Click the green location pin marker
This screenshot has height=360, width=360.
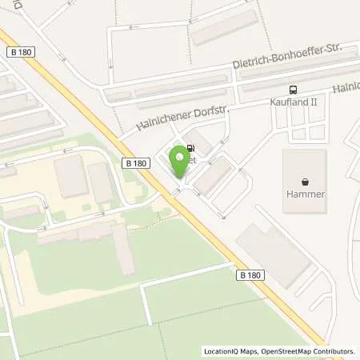pyautogui.click(x=180, y=164)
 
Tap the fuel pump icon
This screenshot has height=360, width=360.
pyautogui.click(x=190, y=148)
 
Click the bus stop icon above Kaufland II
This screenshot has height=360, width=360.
pyautogui.click(x=294, y=90)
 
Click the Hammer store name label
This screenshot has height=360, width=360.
pyautogui.click(x=304, y=194)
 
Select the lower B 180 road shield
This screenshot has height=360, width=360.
pyautogui.click(x=250, y=274)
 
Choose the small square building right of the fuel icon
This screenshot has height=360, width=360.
pyautogui.click(x=202, y=144)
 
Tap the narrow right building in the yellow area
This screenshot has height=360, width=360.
pyautogui.click(x=101, y=182)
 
